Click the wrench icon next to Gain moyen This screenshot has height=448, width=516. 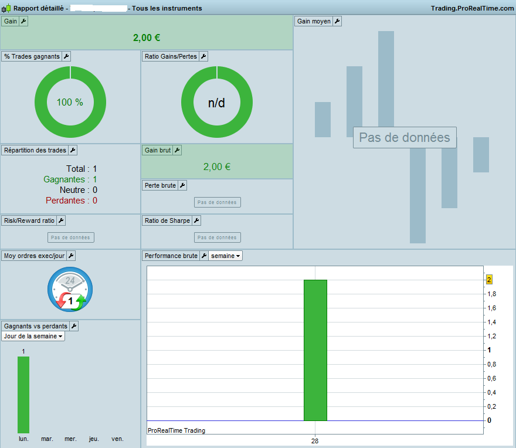click(337, 21)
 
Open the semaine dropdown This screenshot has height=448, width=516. click(225, 256)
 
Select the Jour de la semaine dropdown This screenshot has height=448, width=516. click(33, 336)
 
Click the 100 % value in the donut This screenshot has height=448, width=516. click(70, 103)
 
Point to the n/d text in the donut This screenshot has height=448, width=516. click(216, 103)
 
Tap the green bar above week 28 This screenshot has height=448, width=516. click(315, 350)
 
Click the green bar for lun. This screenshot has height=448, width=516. click(23, 395)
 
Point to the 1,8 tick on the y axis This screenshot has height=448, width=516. click(492, 294)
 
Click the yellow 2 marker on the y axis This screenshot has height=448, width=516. click(489, 280)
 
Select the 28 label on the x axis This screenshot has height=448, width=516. click(315, 441)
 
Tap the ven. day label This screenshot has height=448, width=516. click(117, 439)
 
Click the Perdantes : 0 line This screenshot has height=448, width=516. click(72, 201)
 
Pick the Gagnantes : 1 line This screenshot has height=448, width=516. click(70, 179)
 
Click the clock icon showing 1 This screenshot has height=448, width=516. click(70, 289)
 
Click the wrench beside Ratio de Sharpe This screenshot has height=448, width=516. click(196, 220)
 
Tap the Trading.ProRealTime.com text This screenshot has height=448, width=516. click(472, 8)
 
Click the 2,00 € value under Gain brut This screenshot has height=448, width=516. click(217, 167)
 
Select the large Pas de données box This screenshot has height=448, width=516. click(405, 137)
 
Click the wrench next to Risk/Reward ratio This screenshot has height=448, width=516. click(61, 220)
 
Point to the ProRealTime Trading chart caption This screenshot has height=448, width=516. click(176, 430)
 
